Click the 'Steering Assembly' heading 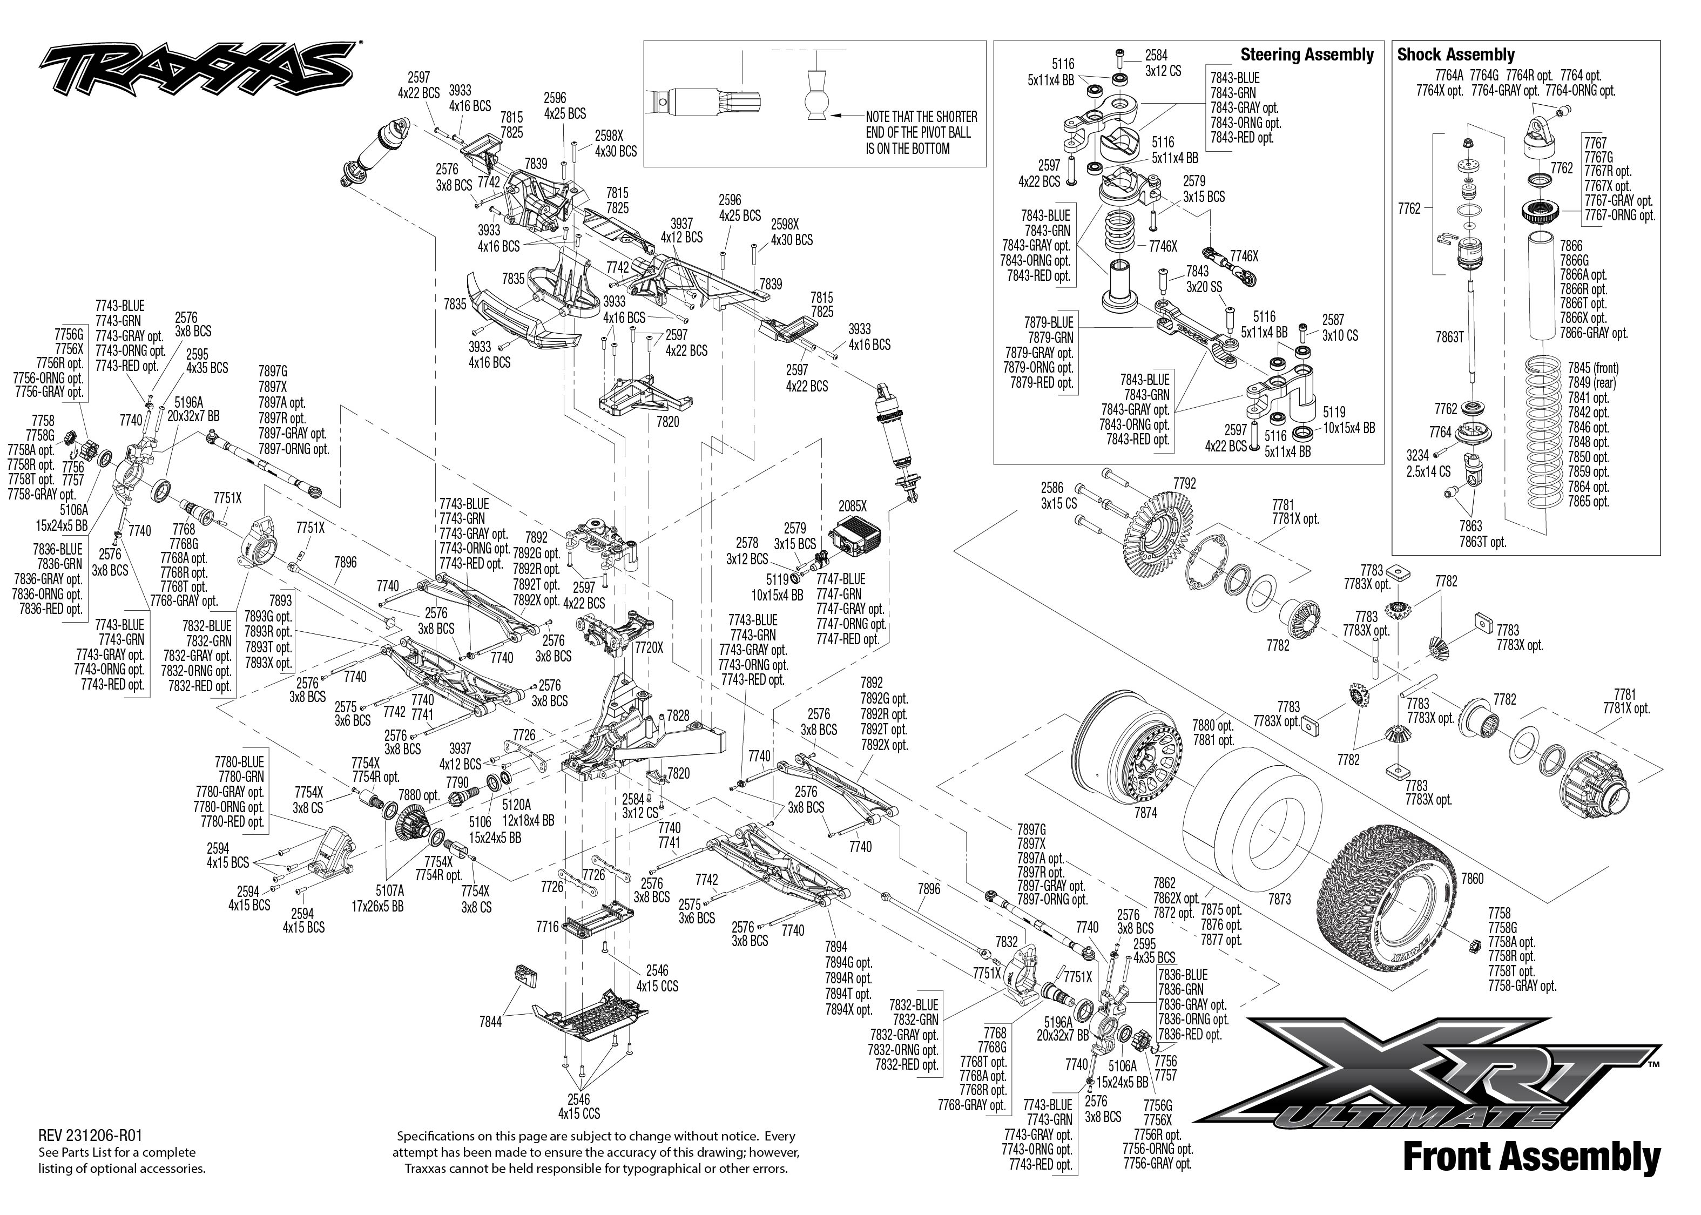tap(1307, 55)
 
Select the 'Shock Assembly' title tap(1455, 55)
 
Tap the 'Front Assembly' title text tap(1531, 1156)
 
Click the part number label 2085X tap(852, 506)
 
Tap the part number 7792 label tap(1185, 483)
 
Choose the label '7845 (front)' tap(1594, 368)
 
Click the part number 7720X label tap(649, 648)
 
